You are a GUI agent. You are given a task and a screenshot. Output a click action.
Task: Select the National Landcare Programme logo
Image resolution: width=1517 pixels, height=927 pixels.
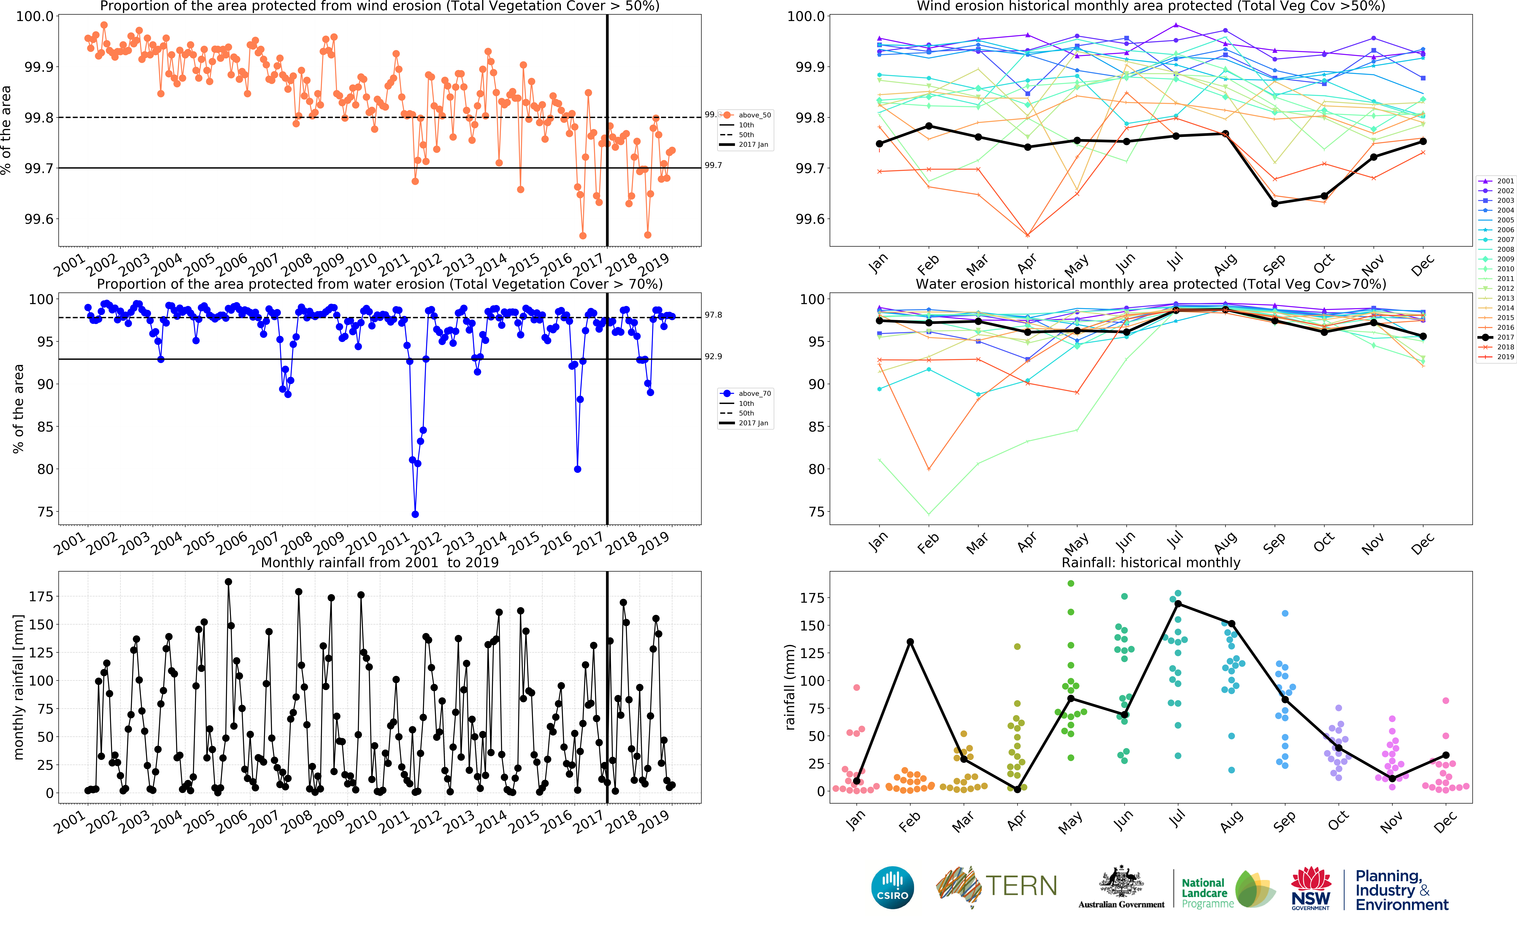[x=1227, y=889]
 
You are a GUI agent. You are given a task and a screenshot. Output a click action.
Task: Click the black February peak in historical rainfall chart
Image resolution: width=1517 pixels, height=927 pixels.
[x=910, y=642]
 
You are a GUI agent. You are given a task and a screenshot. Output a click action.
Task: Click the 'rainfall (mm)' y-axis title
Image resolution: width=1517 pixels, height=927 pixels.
[x=791, y=687]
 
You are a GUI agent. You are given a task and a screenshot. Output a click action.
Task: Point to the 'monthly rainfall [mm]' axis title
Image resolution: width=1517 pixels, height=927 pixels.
[x=18, y=687]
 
